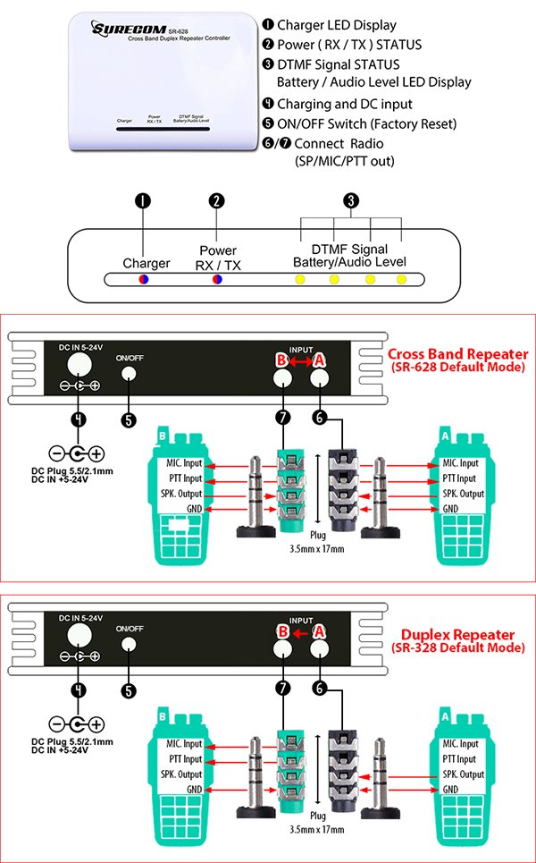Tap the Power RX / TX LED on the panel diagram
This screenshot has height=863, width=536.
click(216, 280)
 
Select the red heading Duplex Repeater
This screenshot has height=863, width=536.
click(459, 633)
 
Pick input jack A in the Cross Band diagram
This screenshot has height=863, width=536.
click(319, 378)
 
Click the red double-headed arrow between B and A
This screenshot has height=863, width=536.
click(301, 359)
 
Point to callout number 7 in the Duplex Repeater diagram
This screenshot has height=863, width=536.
click(282, 689)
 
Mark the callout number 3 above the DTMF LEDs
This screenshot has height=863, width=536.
click(351, 201)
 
